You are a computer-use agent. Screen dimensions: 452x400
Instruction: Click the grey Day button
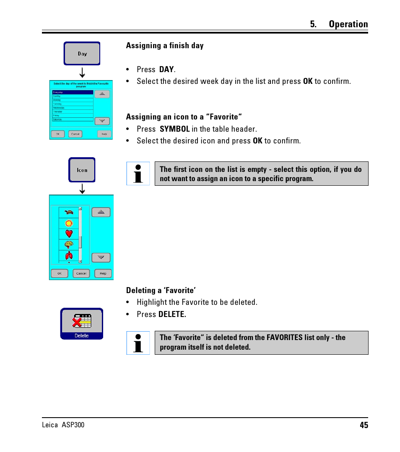[82, 54]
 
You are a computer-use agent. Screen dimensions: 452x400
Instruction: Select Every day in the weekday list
[73, 92]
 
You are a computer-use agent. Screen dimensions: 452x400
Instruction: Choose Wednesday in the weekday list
[73, 108]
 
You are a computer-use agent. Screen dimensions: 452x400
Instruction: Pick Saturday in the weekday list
[73, 119]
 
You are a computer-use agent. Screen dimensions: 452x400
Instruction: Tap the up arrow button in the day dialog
[102, 94]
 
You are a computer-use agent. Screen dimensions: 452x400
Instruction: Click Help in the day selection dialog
[104, 134]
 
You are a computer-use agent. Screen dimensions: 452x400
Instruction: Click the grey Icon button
[82, 170]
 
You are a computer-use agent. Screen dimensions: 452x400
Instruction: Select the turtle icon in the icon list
[69, 212]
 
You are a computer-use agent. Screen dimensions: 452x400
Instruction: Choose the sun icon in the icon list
[69, 223]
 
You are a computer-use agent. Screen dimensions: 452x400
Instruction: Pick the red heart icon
[69, 234]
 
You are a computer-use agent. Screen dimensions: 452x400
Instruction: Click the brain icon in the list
[69, 244]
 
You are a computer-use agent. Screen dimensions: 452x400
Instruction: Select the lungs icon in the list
[69, 255]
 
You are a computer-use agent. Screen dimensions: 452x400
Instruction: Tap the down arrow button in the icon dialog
[101, 257]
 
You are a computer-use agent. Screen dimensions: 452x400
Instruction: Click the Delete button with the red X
[82, 324]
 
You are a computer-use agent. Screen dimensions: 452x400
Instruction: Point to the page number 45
[364, 425]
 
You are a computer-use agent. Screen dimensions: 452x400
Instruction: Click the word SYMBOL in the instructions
[174, 129]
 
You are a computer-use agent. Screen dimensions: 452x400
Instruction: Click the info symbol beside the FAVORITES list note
[138, 343]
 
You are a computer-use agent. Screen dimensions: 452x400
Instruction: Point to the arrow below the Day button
[82, 73]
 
